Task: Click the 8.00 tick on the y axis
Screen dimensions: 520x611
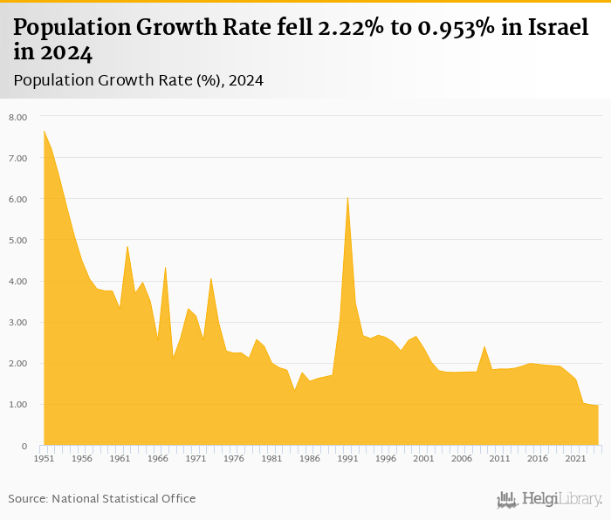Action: point(17,117)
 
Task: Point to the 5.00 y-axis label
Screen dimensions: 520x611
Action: point(17,240)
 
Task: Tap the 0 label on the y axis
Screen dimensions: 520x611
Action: point(24,446)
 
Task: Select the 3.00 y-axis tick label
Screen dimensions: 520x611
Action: point(17,323)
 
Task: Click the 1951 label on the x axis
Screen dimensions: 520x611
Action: point(45,458)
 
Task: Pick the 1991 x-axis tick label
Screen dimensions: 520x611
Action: point(347,458)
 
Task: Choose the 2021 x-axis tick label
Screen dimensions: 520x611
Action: point(575,458)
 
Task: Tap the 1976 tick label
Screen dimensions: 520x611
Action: point(234,458)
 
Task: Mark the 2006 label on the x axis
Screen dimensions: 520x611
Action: point(462,458)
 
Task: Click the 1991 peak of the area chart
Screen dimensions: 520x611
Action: point(347,197)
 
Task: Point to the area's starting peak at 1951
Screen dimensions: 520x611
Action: point(45,131)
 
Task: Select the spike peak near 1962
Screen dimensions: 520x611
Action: point(127,246)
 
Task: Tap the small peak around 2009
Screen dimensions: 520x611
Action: point(484,346)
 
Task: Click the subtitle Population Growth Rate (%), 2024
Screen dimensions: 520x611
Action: point(138,80)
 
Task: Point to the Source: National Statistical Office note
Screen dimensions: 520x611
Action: point(102,498)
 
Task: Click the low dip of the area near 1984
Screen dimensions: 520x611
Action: point(295,389)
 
